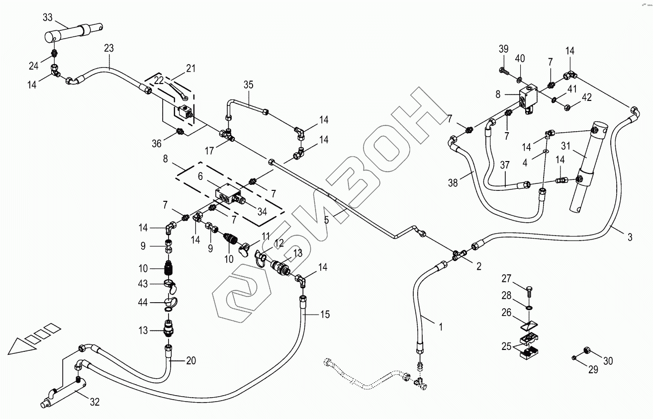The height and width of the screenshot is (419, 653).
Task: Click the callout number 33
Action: [47, 18]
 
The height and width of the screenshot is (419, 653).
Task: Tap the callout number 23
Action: [109, 48]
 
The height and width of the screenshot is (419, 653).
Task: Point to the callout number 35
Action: [249, 84]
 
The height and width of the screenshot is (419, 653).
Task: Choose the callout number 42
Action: [587, 97]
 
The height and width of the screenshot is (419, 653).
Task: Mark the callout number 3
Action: [630, 237]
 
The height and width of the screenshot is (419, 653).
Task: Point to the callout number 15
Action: [325, 315]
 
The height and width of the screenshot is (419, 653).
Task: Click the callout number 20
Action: [191, 360]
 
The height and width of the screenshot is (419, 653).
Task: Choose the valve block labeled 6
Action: [226, 194]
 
